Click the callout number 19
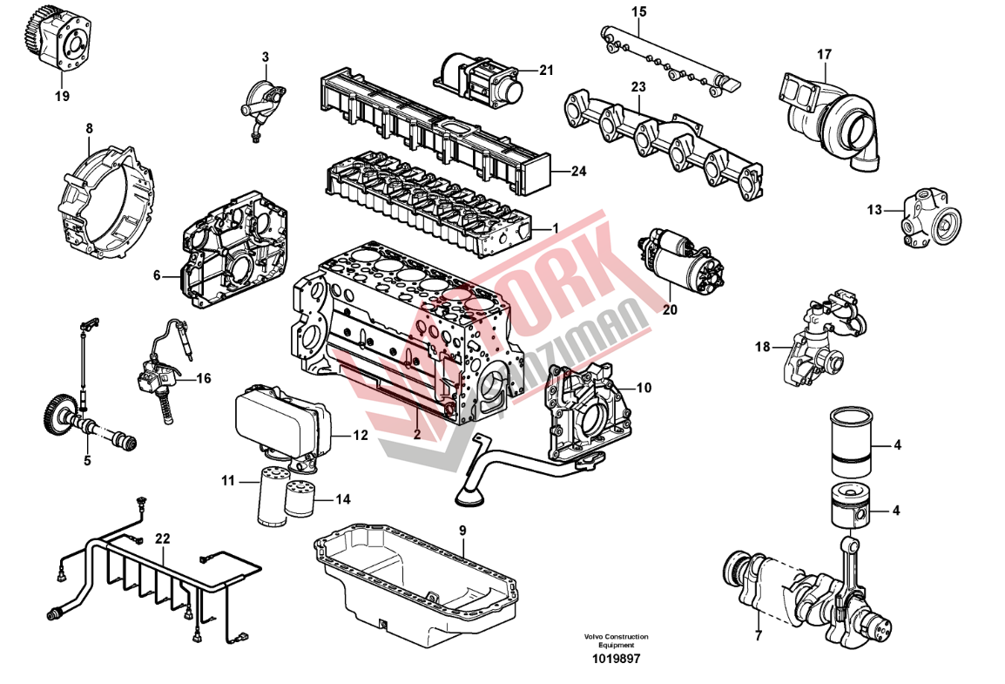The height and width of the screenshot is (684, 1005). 61,96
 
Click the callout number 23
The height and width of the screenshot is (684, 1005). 638,87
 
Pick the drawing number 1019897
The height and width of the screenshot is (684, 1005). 617,660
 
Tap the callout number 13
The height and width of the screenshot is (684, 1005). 874,209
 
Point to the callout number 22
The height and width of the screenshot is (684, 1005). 162,538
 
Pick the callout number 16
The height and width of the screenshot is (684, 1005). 203,378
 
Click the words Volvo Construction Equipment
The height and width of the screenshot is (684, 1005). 617,641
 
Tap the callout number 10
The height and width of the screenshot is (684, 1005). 643,387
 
